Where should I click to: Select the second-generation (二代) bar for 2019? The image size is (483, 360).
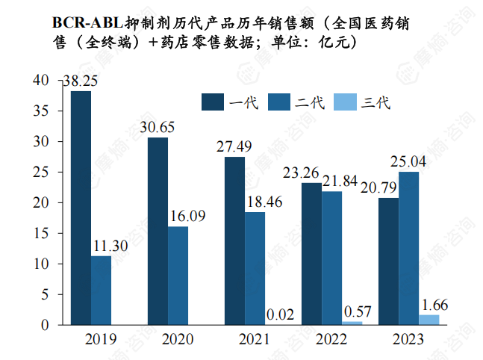101,291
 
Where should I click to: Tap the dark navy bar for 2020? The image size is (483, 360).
158,231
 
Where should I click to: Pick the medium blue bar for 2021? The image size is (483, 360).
254,268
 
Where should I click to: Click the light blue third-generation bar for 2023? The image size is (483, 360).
429,320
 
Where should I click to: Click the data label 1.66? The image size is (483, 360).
435,304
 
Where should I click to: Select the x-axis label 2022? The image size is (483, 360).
331,341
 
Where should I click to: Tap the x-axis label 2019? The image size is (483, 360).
101,341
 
